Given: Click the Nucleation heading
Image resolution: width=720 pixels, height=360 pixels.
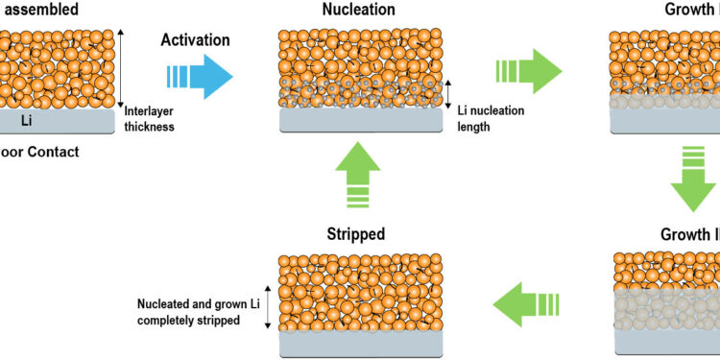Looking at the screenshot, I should coord(360,12).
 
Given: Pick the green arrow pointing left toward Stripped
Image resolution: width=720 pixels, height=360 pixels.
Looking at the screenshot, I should coord(522,305).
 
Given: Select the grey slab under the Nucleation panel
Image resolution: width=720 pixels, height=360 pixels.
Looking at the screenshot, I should coord(360,118).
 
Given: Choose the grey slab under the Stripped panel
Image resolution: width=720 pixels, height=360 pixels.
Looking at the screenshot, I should coord(360,344).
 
